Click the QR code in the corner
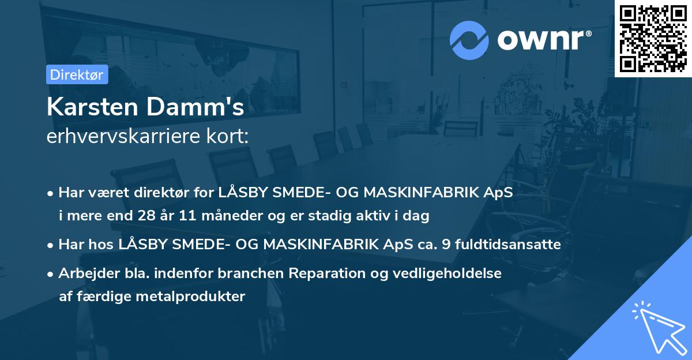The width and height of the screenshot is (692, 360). tap(653, 39)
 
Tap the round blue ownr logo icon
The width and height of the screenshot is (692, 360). tap(469, 40)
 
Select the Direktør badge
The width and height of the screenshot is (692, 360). tap(76, 74)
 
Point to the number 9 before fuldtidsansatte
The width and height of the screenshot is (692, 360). tap(447, 245)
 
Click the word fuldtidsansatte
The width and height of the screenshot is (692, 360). tap(508, 245)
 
